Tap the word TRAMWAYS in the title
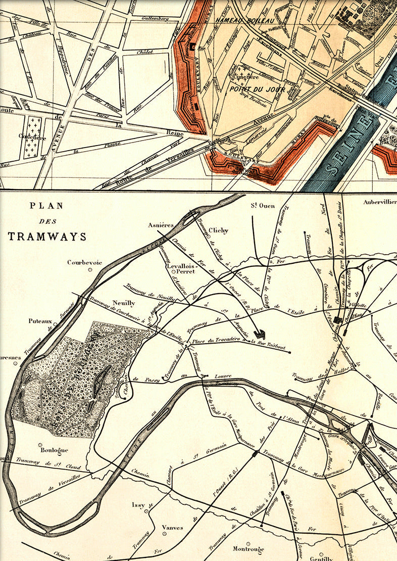[x=47, y=237]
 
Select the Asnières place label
[x=161, y=225]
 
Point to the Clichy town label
[x=218, y=230]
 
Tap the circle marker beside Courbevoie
[x=90, y=270]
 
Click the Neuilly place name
[x=124, y=303]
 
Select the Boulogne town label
[x=53, y=450]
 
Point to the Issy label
[x=138, y=504]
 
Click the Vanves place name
[x=172, y=528]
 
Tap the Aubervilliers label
[x=379, y=202]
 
